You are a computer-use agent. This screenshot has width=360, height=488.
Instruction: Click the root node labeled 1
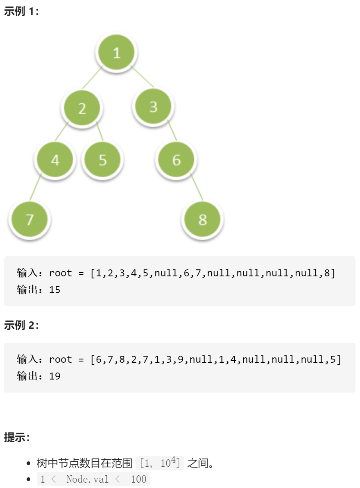coord(117,53)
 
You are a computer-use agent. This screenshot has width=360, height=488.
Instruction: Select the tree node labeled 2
coord(82,108)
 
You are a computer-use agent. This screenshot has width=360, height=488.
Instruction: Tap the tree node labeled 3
coord(153,106)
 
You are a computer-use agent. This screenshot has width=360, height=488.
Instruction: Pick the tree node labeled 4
coord(55,160)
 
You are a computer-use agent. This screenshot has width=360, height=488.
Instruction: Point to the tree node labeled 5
coord(102,160)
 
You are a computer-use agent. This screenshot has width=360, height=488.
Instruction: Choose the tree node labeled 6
coord(177,160)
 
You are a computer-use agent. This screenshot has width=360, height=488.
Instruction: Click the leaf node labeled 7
coord(29,219)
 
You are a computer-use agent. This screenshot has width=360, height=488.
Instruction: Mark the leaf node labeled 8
coord(203,219)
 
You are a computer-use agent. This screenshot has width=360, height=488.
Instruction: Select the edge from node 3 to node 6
coord(172,130)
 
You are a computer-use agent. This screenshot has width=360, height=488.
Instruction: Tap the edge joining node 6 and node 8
coord(197,186)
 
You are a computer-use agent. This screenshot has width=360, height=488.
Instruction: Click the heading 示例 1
coord(21,11)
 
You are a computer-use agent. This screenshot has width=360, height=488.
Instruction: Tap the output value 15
coord(54,290)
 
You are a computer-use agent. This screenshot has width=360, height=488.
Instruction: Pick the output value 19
coord(54,376)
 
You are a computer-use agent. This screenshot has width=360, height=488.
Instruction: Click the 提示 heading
coord(17,437)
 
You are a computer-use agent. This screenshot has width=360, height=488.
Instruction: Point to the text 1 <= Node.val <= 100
coord(93,479)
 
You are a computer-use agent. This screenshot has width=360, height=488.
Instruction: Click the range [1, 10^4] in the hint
coord(160,463)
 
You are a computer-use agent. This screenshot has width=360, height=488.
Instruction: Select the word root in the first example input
coord(61,273)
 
